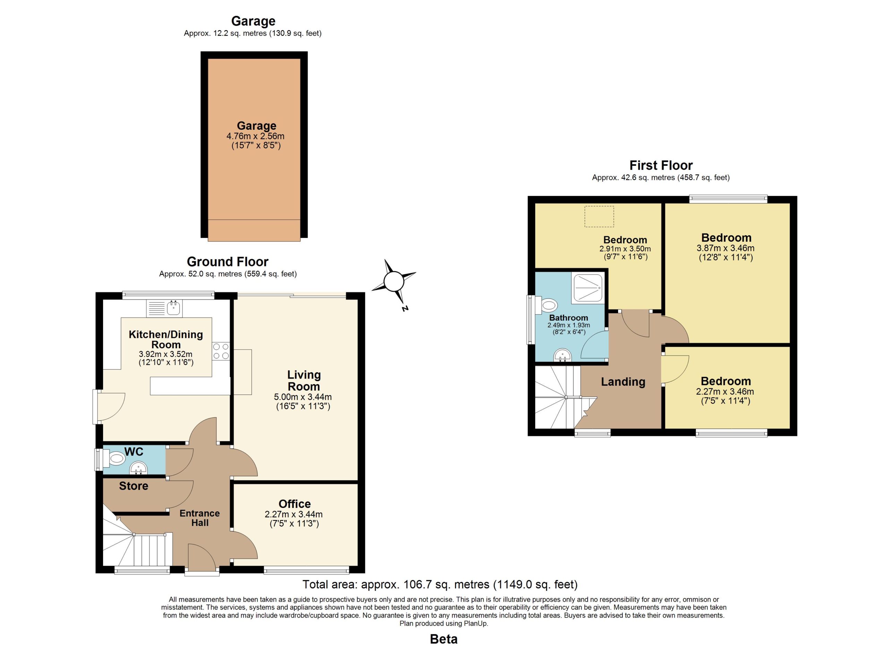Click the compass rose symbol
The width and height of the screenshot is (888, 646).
click(x=393, y=281)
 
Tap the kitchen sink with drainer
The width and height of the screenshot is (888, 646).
click(x=164, y=308)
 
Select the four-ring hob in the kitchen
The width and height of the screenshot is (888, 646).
click(x=221, y=351)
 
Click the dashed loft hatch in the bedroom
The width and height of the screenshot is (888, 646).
click(x=599, y=216)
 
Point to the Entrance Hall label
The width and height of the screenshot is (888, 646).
click(x=200, y=518)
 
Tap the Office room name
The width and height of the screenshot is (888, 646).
click(x=294, y=504)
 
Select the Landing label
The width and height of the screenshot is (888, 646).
click(x=623, y=382)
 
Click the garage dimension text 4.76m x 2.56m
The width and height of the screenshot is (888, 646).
click(x=255, y=136)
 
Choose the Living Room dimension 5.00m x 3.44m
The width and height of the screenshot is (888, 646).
click(x=303, y=397)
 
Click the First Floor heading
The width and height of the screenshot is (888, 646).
click(x=661, y=165)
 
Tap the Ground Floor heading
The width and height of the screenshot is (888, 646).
click(x=228, y=262)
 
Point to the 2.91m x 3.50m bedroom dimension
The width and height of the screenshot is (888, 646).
click(x=625, y=249)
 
